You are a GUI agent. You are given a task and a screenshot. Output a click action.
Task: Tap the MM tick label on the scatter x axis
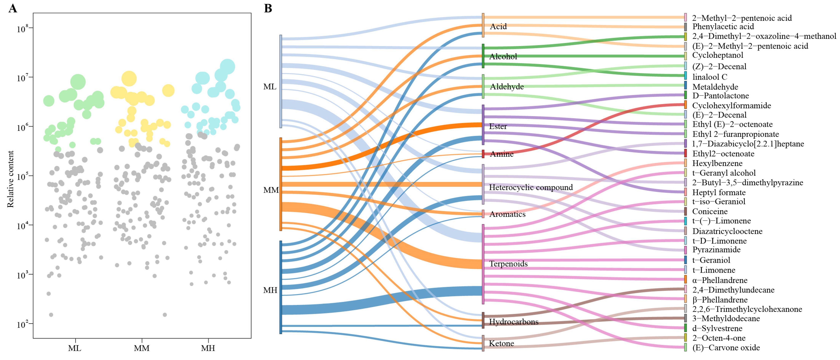(x=141, y=348)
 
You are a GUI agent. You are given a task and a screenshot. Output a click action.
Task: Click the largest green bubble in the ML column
(x=78, y=81)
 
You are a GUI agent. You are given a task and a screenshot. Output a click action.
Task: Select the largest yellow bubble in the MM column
(x=129, y=79)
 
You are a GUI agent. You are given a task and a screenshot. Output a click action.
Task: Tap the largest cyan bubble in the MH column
(x=227, y=66)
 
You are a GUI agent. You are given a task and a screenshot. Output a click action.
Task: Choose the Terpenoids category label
(x=508, y=264)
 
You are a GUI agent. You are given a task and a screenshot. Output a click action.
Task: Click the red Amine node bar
(x=483, y=154)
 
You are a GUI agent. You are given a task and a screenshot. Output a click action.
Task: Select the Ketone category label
(x=501, y=343)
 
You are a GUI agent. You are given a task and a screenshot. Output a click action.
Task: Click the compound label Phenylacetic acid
(x=723, y=27)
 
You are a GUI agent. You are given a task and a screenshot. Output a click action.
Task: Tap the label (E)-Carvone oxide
(x=726, y=348)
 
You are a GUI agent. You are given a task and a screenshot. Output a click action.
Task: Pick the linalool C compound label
(x=710, y=77)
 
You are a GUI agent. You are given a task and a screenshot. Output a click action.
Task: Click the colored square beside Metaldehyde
(x=685, y=85)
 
